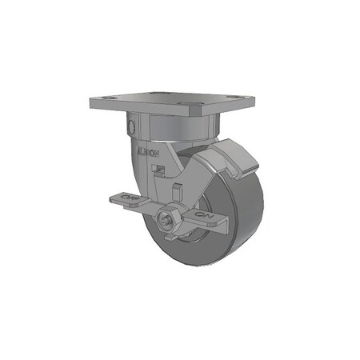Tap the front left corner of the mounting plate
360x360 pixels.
click(90, 106)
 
